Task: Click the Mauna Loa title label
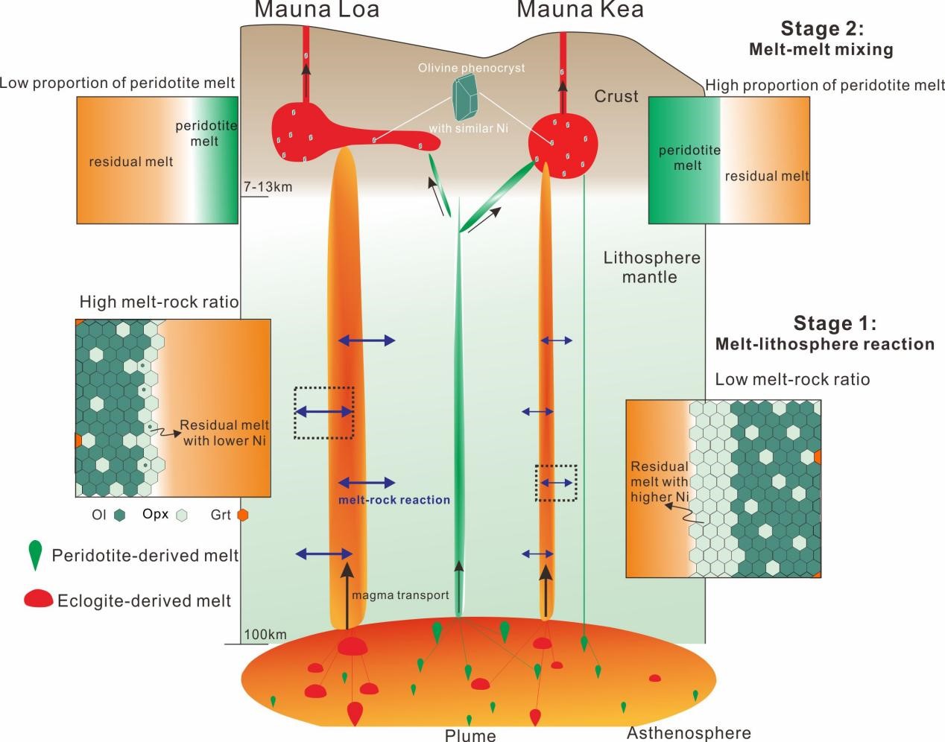pyautogui.click(x=317, y=10)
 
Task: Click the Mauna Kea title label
pyautogui.click(x=580, y=10)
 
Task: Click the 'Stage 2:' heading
pyautogui.click(x=822, y=29)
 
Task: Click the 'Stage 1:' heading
pyautogui.click(x=835, y=323)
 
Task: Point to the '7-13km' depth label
pyautogui.click(x=268, y=187)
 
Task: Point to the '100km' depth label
pyautogui.click(x=265, y=635)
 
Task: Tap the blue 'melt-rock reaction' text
pyautogui.click(x=394, y=500)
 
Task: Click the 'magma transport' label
pyautogui.click(x=400, y=595)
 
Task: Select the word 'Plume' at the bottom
pyautogui.click(x=470, y=735)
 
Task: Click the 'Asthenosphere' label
pyautogui.click(x=689, y=733)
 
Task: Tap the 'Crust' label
pyautogui.click(x=616, y=96)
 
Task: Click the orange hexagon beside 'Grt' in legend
pyautogui.click(x=241, y=515)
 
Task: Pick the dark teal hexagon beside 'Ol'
pyautogui.click(x=120, y=515)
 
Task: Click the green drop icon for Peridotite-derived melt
pyautogui.click(x=34, y=555)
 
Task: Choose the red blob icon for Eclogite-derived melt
pyautogui.click(x=38, y=599)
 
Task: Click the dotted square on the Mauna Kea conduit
pyautogui.click(x=556, y=483)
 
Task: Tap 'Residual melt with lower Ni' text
pyautogui.click(x=224, y=433)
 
